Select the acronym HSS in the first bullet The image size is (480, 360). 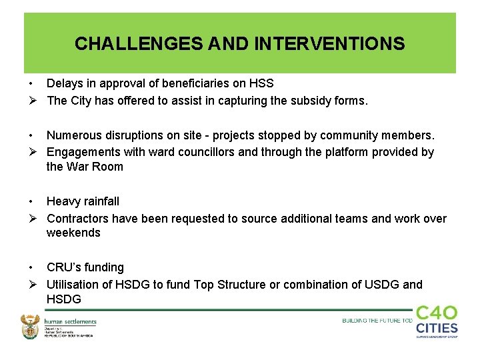point(261,83)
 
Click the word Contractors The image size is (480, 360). point(79,218)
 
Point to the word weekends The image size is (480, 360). point(73,233)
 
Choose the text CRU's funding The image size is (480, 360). point(85,267)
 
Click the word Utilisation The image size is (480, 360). point(74,285)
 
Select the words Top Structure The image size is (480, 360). point(228,285)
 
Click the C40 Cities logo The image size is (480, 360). point(437,321)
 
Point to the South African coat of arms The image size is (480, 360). point(31,327)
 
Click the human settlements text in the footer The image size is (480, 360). point(71,322)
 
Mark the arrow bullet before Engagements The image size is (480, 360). point(31,152)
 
